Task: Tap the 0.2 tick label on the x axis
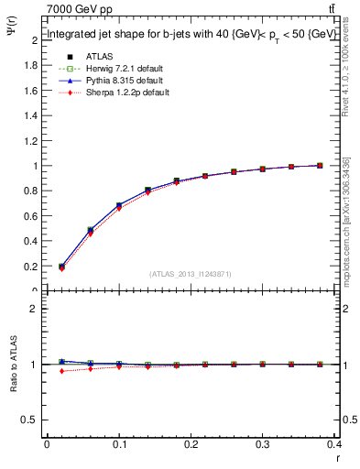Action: click(x=191, y=444)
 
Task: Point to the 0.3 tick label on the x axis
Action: click(x=264, y=444)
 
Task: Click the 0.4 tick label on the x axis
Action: click(x=334, y=444)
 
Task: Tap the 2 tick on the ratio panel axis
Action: click(x=35, y=309)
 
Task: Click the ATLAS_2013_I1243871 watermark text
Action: click(x=191, y=274)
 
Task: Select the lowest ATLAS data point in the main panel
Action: click(x=61, y=267)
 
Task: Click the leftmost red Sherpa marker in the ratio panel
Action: click(x=61, y=371)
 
